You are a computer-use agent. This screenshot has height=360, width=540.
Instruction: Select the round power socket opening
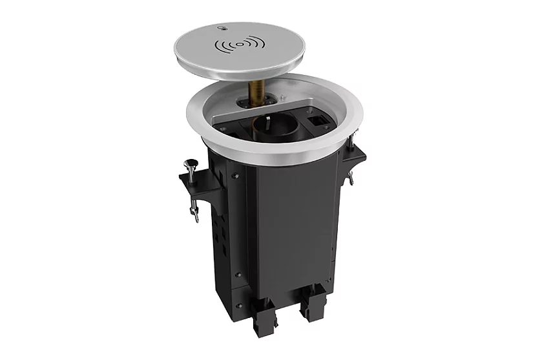coord(269,124)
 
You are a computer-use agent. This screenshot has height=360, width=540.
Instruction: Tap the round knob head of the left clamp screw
coord(192,164)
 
